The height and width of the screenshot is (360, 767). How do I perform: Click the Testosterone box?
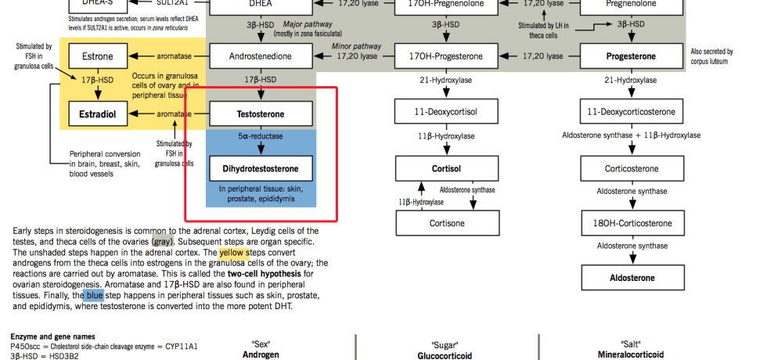[x=261, y=114]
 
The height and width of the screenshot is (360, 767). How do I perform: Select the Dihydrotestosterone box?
[x=261, y=168]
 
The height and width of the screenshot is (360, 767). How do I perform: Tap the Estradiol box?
[x=98, y=114]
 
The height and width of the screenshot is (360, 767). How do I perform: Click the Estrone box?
[x=98, y=56]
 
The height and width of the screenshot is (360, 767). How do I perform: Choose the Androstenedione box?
[x=261, y=56]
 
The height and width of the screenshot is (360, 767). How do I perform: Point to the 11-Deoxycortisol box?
[x=445, y=112]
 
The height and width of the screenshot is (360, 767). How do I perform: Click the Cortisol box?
[x=445, y=168]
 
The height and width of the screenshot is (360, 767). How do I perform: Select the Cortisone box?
[x=445, y=223]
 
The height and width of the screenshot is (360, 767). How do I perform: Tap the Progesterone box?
[x=631, y=56]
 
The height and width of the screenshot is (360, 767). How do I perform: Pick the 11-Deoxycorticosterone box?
[x=631, y=112]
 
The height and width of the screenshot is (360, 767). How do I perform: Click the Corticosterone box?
[x=631, y=168]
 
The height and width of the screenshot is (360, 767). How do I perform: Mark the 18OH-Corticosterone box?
[x=631, y=223]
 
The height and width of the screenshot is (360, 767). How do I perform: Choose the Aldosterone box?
[x=631, y=278]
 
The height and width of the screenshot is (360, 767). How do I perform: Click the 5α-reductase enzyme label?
[x=261, y=136]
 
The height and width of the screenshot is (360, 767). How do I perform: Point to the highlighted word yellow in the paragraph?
[x=234, y=253]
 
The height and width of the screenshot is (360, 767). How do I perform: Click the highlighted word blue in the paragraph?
[x=94, y=296]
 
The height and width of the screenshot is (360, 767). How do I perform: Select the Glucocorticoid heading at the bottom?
[x=445, y=355]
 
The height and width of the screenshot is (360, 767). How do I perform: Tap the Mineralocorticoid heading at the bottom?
[x=631, y=355]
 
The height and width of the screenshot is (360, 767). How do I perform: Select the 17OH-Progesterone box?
[x=445, y=56]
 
